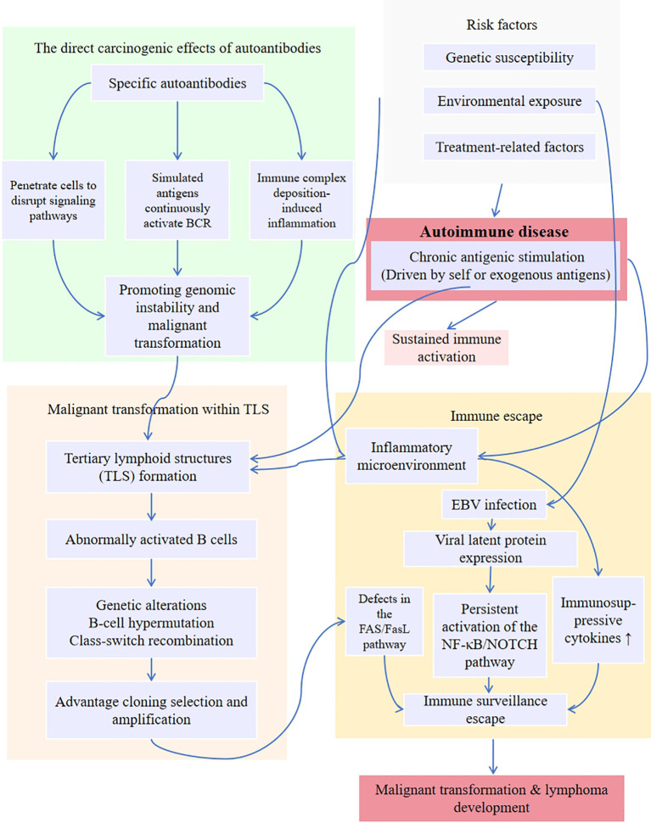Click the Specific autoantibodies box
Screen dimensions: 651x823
coord(177,83)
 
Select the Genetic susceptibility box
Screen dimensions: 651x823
coord(509,57)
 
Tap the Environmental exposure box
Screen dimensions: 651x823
coord(509,101)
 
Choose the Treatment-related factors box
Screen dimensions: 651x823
coord(509,147)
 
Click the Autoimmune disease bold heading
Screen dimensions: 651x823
coord(494,232)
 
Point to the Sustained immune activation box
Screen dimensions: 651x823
coord(446,348)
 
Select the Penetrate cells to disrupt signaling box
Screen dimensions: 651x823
coord(53,200)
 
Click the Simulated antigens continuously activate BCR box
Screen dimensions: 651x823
coord(177,200)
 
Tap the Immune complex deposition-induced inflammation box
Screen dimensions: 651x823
coord(301,200)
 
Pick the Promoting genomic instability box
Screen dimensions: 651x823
coord(177,316)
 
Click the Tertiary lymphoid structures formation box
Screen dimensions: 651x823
coord(148,467)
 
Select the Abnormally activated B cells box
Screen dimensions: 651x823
coord(151,539)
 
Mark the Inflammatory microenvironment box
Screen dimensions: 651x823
coord(412,456)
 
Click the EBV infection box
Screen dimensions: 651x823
coord(494,504)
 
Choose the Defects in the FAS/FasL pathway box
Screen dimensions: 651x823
coord(384,621)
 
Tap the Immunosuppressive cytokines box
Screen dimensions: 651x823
coord(598,620)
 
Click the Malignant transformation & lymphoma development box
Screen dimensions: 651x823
coord(492,798)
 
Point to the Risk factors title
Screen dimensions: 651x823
coord(502,25)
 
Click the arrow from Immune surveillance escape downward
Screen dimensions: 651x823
coord(493,756)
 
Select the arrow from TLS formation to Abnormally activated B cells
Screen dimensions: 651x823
coord(151,507)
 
